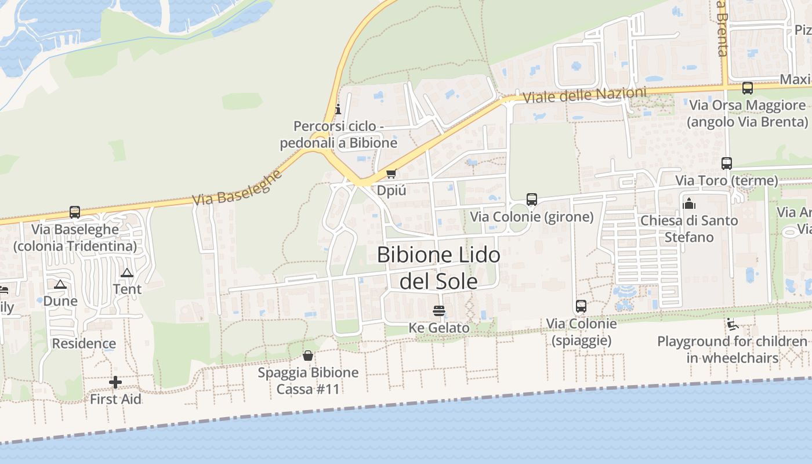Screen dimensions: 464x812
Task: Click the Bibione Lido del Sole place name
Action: point(439,268)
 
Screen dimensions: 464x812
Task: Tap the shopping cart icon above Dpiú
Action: point(391,174)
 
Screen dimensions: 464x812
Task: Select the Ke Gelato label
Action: point(439,328)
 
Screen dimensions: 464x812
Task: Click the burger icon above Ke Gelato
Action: point(439,311)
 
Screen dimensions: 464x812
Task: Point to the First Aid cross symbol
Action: point(115,382)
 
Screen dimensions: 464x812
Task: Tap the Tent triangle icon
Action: point(127,273)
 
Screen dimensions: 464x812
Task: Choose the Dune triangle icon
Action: point(60,285)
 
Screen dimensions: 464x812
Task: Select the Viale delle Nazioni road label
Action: point(584,95)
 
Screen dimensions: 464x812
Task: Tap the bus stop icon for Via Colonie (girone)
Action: point(532,200)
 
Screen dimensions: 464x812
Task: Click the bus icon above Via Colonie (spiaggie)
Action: point(581,306)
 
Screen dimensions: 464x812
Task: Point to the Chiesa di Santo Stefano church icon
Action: point(689,204)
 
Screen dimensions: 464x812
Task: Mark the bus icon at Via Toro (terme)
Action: point(727,164)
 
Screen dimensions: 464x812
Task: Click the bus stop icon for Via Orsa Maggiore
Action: point(748,88)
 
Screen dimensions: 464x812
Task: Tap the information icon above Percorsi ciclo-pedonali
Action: point(338,109)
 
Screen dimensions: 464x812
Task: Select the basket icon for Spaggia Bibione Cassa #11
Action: point(308,355)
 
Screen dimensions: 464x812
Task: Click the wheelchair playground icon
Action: point(732,324)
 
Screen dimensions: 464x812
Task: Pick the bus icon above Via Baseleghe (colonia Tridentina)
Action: point(75,212)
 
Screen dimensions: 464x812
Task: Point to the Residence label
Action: point(84,343)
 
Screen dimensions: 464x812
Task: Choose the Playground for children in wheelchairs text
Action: point(732,350)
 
